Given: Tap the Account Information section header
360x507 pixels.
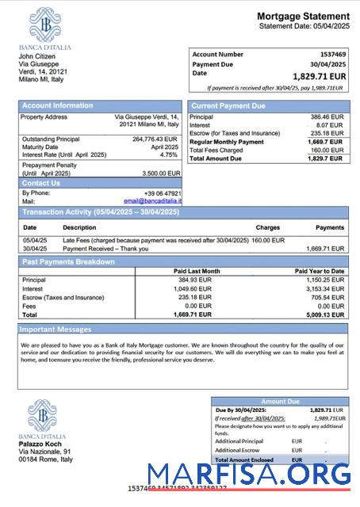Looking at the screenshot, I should [x=57, y=105].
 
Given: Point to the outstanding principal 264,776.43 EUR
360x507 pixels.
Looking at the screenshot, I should [x=155, y=139].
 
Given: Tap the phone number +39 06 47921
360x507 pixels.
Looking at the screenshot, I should [x=163, y=193].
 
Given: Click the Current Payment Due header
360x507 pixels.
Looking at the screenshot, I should [x=229, y=105].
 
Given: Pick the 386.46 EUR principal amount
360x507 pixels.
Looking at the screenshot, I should [x=327, y=116].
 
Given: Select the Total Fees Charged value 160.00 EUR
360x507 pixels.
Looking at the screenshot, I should [x=327, y=150].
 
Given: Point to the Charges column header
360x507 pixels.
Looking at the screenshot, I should [x=267, y=227].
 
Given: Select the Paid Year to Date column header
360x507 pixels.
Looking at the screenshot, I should [x=319, y=271].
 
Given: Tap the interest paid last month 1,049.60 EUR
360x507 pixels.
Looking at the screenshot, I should [x=193, y=288].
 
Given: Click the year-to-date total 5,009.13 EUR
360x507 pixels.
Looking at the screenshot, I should [x=325, y=314].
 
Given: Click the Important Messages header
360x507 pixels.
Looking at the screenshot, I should [x=56, y=329].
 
